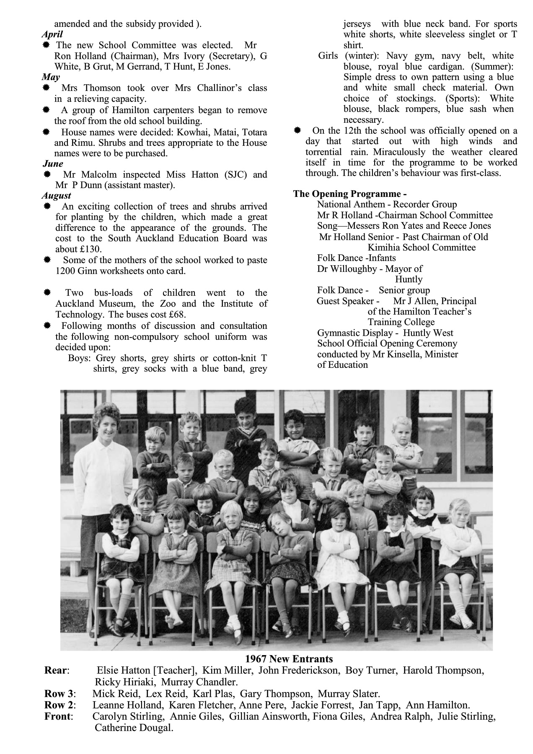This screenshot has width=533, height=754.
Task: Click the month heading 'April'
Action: (52, 34)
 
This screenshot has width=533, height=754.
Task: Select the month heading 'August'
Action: (56, 196)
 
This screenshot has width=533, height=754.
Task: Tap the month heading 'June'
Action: (52, 163)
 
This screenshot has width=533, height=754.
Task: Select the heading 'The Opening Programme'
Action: (349, 194)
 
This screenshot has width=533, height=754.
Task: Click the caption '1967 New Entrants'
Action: (288, 659)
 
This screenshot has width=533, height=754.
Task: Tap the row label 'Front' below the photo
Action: (58, 716)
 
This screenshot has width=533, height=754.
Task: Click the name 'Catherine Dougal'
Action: (134, 728)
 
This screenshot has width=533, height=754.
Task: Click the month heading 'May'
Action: (51, 77)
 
